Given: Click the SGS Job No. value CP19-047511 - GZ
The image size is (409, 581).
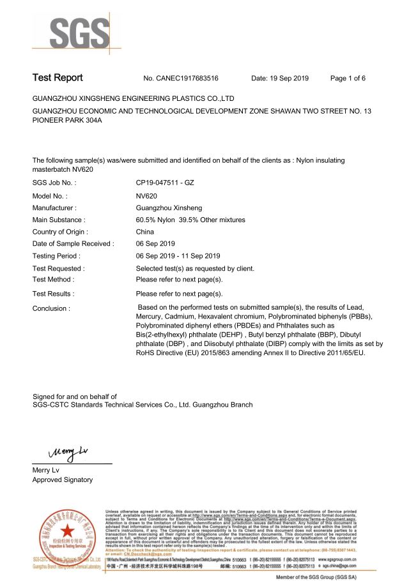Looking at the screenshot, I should coord(165,183).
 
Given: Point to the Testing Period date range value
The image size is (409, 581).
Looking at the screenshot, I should coord(178,255).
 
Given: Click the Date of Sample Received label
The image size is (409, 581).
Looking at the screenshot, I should coord(73,243).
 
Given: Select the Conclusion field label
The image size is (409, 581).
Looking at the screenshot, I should coord(51,308).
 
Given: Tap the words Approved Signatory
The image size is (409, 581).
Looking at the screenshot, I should coord(62,479).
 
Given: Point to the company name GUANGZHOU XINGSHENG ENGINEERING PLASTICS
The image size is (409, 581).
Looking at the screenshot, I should coord(134,99).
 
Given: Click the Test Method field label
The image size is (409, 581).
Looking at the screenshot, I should coord(53,279).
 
